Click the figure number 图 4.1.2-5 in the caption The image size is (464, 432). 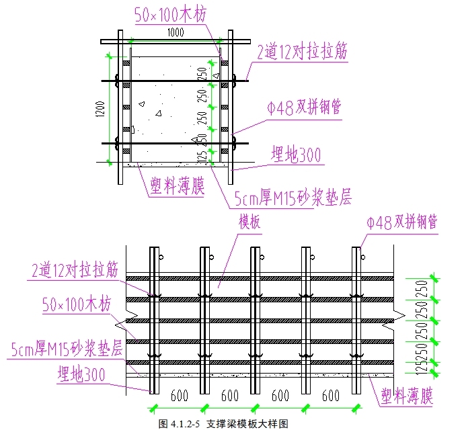180,424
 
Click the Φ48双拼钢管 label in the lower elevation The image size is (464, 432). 401,222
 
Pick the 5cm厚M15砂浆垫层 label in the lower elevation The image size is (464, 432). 66,349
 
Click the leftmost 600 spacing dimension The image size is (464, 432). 179,396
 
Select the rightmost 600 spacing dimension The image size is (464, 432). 331,396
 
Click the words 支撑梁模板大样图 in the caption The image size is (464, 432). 247,424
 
